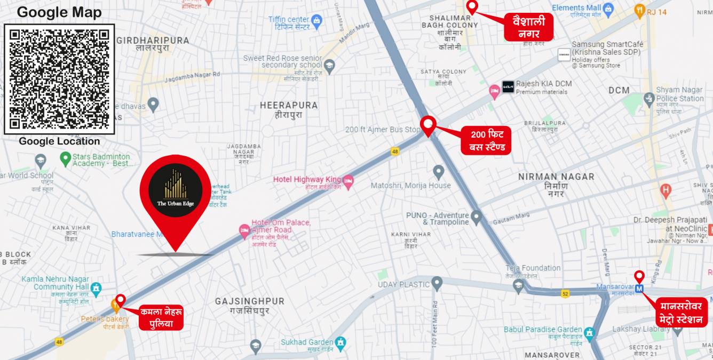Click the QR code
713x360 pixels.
[x=59, y=79]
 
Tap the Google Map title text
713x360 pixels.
[x=59, y=12]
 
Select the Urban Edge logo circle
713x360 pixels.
[x=175, y=190]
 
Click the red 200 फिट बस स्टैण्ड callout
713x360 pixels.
[x=483, y=140]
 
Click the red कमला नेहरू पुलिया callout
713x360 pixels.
[x=161, y=317]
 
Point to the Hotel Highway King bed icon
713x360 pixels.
[x=348, y=181]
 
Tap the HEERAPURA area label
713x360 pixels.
[x=289, y=106]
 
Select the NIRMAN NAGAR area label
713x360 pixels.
[x=556, y=177]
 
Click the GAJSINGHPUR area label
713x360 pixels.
[x=250, y=301]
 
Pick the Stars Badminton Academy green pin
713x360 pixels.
[x=65, y=158]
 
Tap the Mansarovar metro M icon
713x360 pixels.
[x=639, y=289]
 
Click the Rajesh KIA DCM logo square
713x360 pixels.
[x=508, y=87]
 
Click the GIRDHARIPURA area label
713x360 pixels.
[x=153, y=41]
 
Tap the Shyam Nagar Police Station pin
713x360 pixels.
[x=649, y=98]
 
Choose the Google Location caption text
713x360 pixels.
[x=59, y=141]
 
